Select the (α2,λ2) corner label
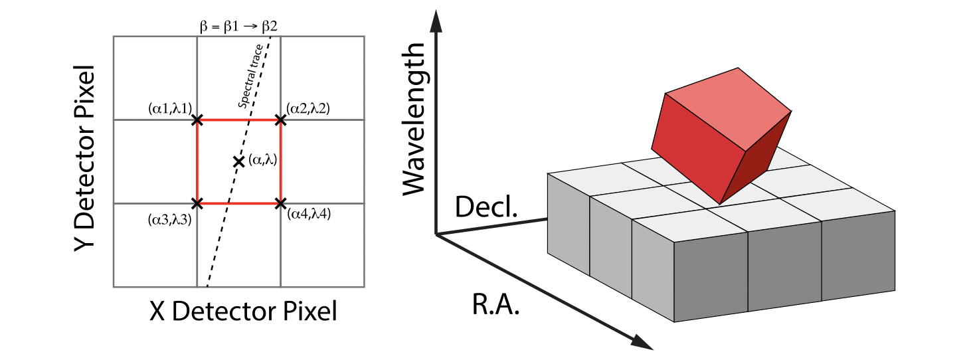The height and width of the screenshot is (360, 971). click(308, 108)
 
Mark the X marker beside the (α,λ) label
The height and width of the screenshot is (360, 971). click(238, 161)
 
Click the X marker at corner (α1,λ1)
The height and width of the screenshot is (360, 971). click(197, 120)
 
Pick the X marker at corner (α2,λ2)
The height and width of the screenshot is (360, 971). click(280, 120)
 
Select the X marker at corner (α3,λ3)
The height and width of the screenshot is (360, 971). click(197, 203)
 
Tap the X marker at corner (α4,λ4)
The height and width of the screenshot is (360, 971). click(280, 203)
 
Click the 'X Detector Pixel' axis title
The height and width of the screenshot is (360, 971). click(242, 311)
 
